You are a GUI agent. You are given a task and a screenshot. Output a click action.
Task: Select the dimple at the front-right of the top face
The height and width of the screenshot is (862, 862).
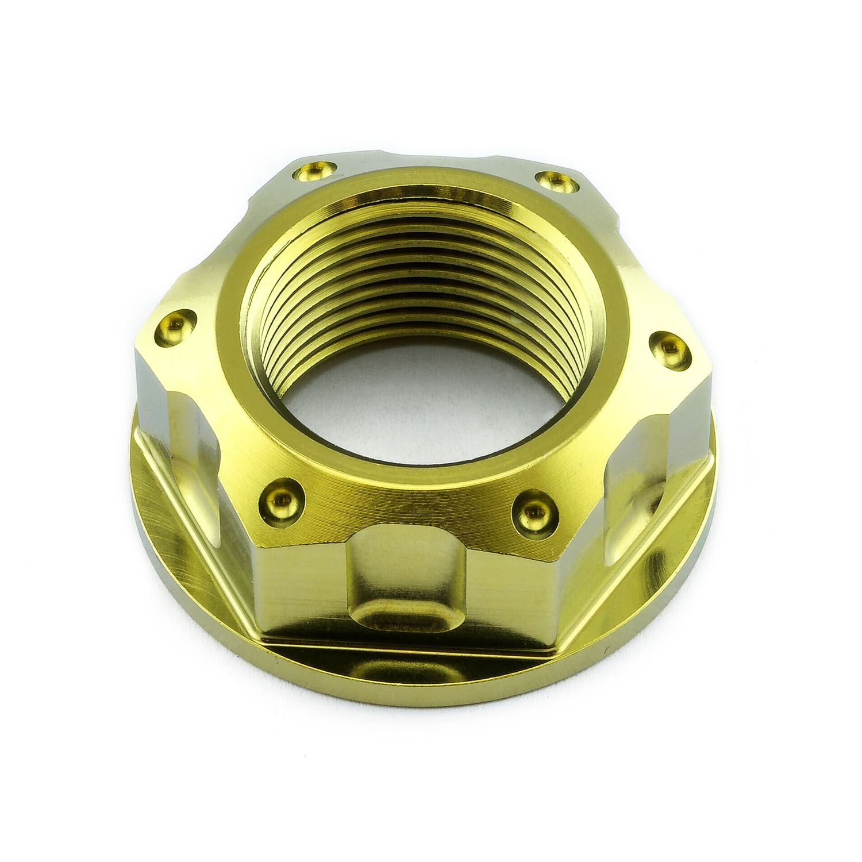[533, 509]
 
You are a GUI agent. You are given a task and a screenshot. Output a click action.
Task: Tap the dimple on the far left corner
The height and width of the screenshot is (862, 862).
[176, 323]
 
